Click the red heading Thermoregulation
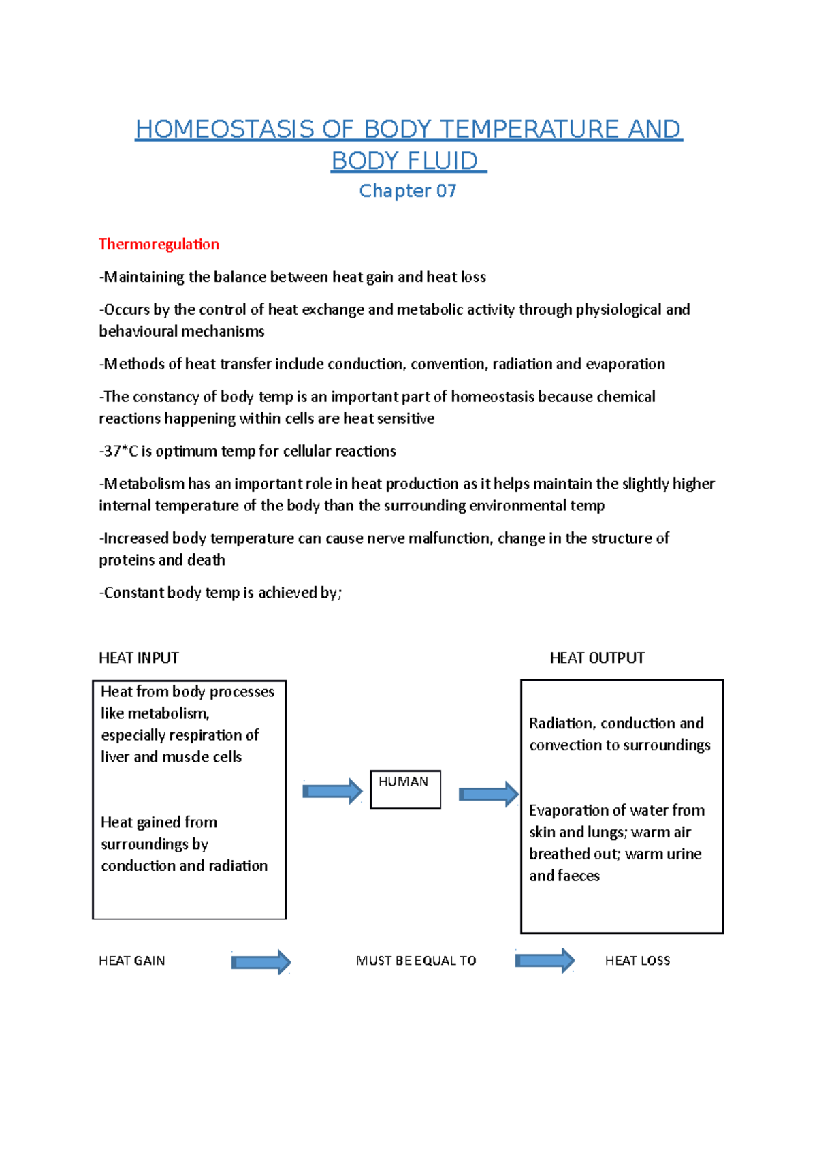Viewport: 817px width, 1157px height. pos(159,244)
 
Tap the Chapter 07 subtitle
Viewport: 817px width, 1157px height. pos(407,191)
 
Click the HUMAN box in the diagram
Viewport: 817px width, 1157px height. pos(405,789)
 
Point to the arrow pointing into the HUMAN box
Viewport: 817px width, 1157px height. pos(332,791)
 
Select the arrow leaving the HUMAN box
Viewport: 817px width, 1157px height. pos(488,794)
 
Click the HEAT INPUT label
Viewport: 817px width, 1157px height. pos(139,658)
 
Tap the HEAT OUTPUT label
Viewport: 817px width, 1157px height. pos(596,658)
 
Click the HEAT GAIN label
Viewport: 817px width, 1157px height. pos(132,961)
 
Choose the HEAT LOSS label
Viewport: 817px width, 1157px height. pos(637,961)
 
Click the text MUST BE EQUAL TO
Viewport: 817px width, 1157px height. pos(416,961)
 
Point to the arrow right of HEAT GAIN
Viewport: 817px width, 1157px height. pos(261,962)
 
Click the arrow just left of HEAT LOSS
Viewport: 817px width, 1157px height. pos(545,961)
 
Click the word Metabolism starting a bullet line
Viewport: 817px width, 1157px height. pos(144,484)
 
